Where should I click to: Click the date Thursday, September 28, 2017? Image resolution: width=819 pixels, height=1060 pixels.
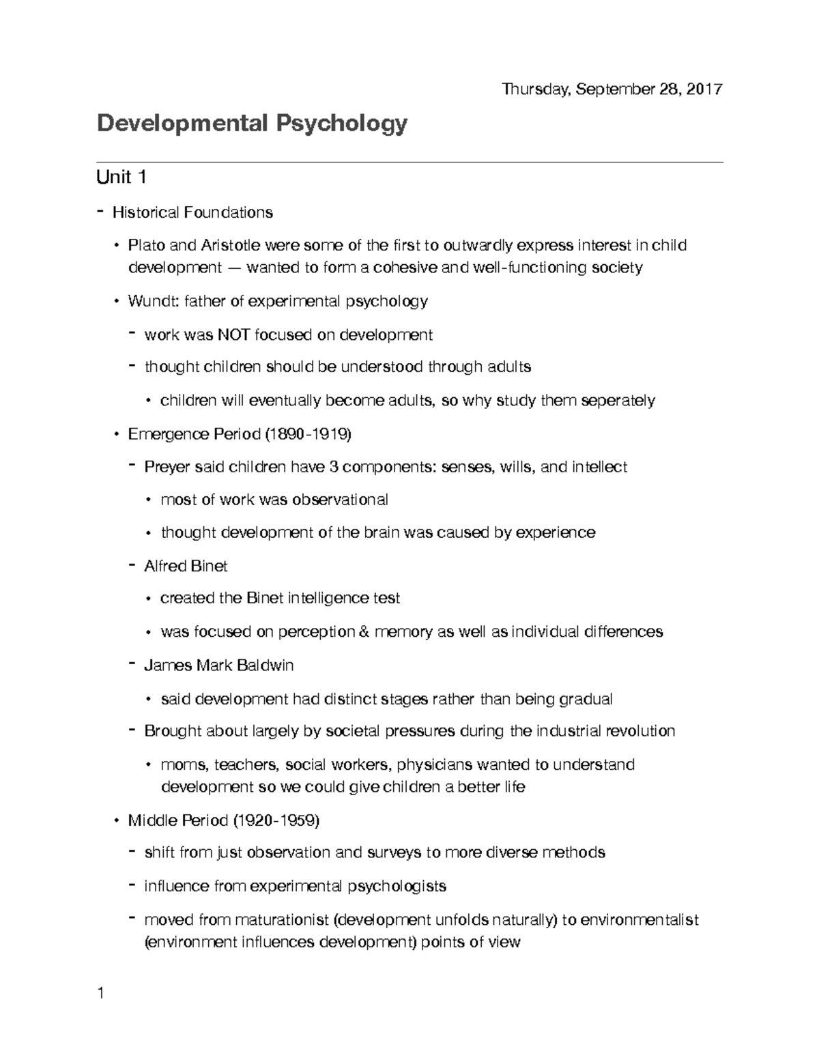coord(612,89)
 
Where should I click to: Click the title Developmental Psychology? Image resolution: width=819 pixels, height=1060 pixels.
coord(252,124)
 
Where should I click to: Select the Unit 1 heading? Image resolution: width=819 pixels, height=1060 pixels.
coord(121,177)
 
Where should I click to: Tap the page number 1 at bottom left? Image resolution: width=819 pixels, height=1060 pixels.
coord(100,993)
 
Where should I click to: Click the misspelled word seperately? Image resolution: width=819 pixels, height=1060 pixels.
coord(618,400)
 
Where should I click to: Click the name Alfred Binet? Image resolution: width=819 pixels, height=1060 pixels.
coord(186,566)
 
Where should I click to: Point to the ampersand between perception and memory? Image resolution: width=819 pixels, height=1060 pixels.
coord(362,632)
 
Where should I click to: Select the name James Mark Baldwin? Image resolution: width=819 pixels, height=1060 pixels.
coord(218,665)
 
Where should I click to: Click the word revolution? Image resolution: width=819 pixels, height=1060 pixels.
coord(640,731)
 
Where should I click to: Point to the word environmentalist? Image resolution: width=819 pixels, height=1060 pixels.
coord(639,920)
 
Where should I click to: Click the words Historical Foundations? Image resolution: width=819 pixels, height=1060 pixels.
coord(192,212)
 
